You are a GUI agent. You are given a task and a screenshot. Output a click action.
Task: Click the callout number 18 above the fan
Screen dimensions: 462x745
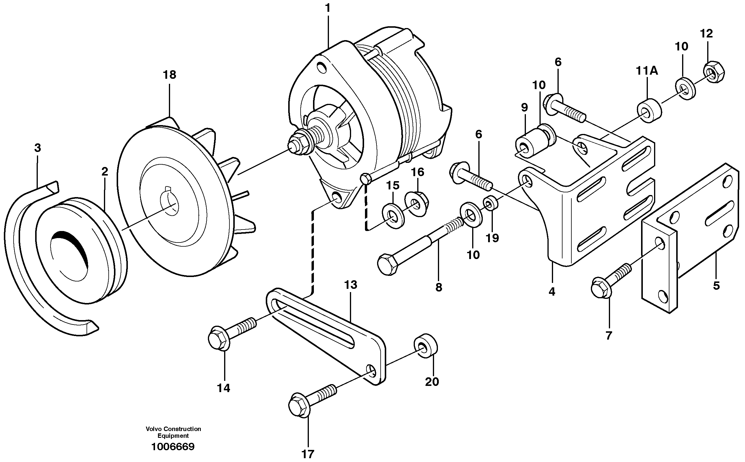point(170,75)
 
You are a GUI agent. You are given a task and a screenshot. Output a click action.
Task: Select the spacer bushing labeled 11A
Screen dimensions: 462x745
point(649,111)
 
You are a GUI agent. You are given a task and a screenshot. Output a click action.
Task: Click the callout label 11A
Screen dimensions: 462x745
point(647,71)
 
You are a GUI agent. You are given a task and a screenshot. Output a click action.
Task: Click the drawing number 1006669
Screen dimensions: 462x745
point(173,446)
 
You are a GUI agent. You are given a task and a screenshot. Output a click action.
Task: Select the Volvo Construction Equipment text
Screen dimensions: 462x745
point(173,432)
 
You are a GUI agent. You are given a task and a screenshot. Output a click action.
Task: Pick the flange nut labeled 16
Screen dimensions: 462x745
point(417,204)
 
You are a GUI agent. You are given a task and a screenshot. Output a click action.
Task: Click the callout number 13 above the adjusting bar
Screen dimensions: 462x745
point(351,285)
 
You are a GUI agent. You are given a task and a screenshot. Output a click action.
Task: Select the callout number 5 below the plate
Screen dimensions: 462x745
point(716,286)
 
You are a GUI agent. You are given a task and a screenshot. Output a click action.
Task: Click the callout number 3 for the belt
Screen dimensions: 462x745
point(37,148)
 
